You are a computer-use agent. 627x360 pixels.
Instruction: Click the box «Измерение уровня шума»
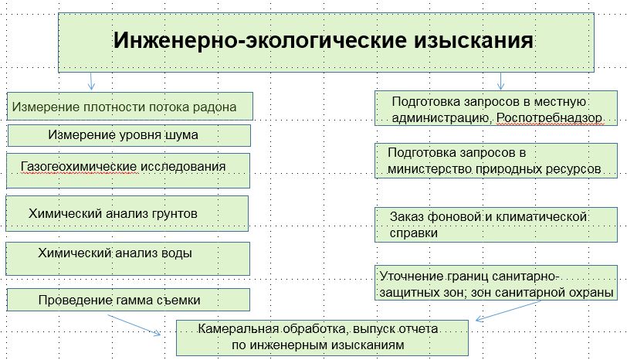(x=129, y=136)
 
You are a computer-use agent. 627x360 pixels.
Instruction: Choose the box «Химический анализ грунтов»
(x=127, y=213)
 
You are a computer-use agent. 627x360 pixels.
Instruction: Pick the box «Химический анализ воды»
(x=127, y=257)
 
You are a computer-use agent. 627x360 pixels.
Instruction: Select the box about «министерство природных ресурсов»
(x=495, y=160)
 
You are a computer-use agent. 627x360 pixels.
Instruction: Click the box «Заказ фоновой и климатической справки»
(x=495, y=224)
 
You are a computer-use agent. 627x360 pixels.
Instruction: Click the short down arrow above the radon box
(x=91, y=81)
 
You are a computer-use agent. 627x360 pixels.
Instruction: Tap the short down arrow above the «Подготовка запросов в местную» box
(x=501, y=81)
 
